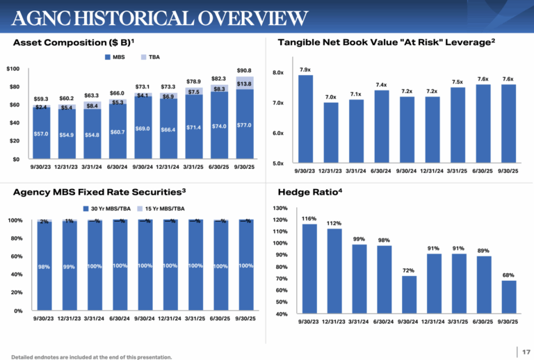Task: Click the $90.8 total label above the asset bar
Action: pyautogui.click(x=244, y=71)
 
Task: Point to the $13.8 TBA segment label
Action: pyautogui.click(x=244, y=83)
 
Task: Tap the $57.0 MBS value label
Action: pyautogui.click(x=41, y=133)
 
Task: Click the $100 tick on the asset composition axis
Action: pyautogui.click(x=13, y=69)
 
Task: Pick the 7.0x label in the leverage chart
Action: pyautogui.click(x=330, y=97)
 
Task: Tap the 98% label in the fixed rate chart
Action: pyautogui.click(x=44, y=266)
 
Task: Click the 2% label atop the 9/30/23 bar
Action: pyautogui.click(x=44, y=222)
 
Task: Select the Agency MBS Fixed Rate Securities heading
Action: pyautogui.click(x=99, y=190)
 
